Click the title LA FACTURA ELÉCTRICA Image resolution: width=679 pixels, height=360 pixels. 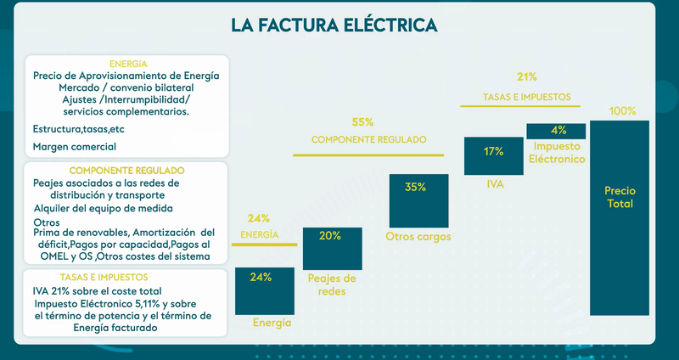click(x=334, y=25)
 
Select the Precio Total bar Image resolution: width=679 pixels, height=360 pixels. click(x=619, y=217)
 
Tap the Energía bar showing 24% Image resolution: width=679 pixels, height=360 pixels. click(x=262, y=290)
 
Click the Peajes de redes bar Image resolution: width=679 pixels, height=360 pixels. click(x=332, y=248)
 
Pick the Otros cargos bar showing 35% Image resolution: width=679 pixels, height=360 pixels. click(x=416, y=201)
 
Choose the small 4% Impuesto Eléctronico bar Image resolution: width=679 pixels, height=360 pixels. click(x=558, y=131)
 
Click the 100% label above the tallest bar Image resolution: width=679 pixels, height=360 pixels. click(x=622, y=111)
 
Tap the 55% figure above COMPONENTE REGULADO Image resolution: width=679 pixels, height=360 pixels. click(x=363, y=122)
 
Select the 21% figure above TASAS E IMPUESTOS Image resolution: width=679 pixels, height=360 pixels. click(x=526, y=77)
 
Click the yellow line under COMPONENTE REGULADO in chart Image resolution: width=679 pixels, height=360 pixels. click(x=368, y=155)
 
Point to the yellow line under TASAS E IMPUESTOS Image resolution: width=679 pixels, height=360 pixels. click(x=520, y=106)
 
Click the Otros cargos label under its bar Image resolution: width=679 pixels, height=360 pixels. click(x=418, y=237)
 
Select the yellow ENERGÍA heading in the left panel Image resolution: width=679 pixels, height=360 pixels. click(x=128, y=64)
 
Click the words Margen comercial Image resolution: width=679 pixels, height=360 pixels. click(x=74, y=146)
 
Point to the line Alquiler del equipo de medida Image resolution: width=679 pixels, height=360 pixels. click(x=103, y=208)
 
